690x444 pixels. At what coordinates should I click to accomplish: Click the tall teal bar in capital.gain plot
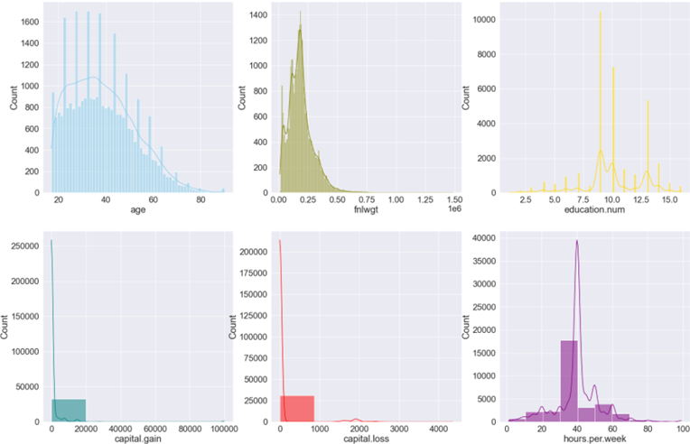coord(69,410)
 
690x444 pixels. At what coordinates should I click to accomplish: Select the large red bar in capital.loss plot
coord(297,409)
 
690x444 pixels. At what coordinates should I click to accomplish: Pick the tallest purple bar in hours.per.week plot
coord(569,380)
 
